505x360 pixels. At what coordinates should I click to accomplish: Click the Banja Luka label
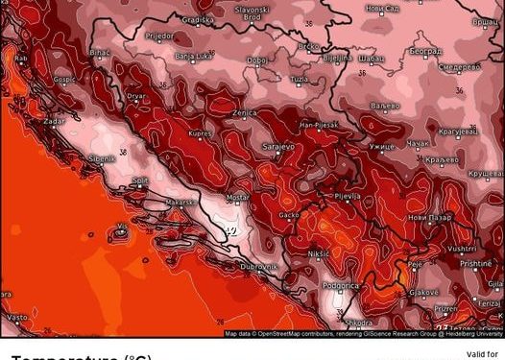click(193, 57)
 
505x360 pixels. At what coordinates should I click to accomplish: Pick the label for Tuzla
click(300, 78)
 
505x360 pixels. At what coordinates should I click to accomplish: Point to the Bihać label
click(100, 52)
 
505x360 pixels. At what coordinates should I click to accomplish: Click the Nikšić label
click(319, 253)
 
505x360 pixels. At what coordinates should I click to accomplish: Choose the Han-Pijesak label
click(318, 125)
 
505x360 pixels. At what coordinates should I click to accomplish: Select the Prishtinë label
click(474, 263)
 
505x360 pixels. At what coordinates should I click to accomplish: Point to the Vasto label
click(16, 316)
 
